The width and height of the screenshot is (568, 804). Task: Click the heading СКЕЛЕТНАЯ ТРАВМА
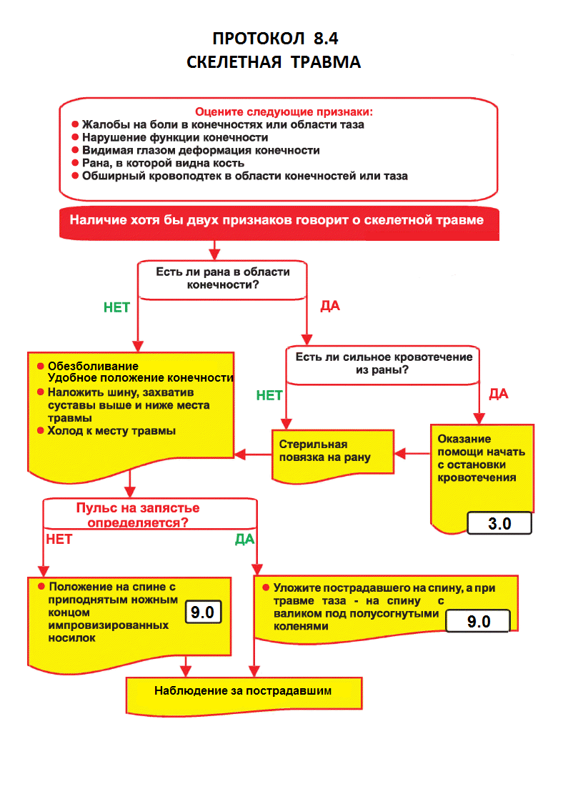[274, 63]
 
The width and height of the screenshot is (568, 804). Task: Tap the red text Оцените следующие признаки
[284, 111]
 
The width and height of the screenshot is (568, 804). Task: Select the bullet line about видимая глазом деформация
[201, 150]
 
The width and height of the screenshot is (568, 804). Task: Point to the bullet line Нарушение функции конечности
[175, 137]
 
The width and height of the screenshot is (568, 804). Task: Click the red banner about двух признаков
[276, 220]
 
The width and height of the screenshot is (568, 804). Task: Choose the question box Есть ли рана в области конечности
[222, 278]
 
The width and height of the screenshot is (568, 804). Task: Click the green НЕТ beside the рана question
[117, 307]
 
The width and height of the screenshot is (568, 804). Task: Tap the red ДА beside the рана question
[329, 307]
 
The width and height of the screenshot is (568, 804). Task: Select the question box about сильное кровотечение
[384, 363]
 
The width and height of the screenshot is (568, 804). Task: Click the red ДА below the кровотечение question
[498, 394]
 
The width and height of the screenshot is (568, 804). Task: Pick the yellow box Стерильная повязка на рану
[332, 452]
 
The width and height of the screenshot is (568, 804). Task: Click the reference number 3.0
[499, 523]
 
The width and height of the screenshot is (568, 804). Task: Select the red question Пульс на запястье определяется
[138, 515]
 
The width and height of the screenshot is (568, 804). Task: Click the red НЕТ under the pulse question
[59, 539]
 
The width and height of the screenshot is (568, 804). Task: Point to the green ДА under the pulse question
[244, 540]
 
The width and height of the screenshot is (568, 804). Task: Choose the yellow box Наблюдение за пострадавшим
[244, 691]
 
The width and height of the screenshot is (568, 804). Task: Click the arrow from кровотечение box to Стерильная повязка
[412, 452]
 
